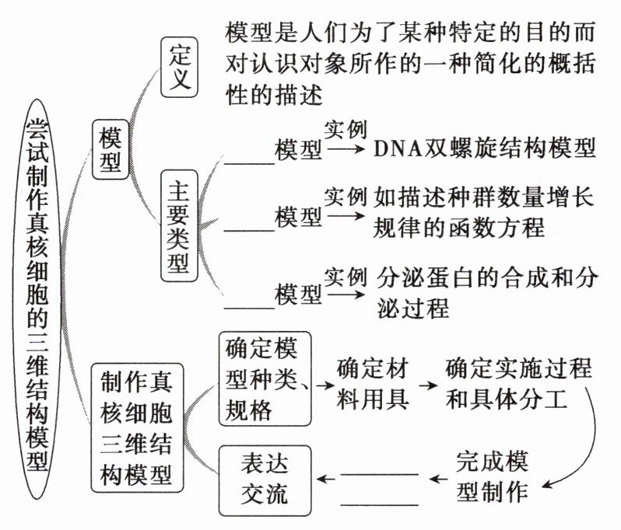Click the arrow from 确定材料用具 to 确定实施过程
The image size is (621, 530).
tap(427, 385)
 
